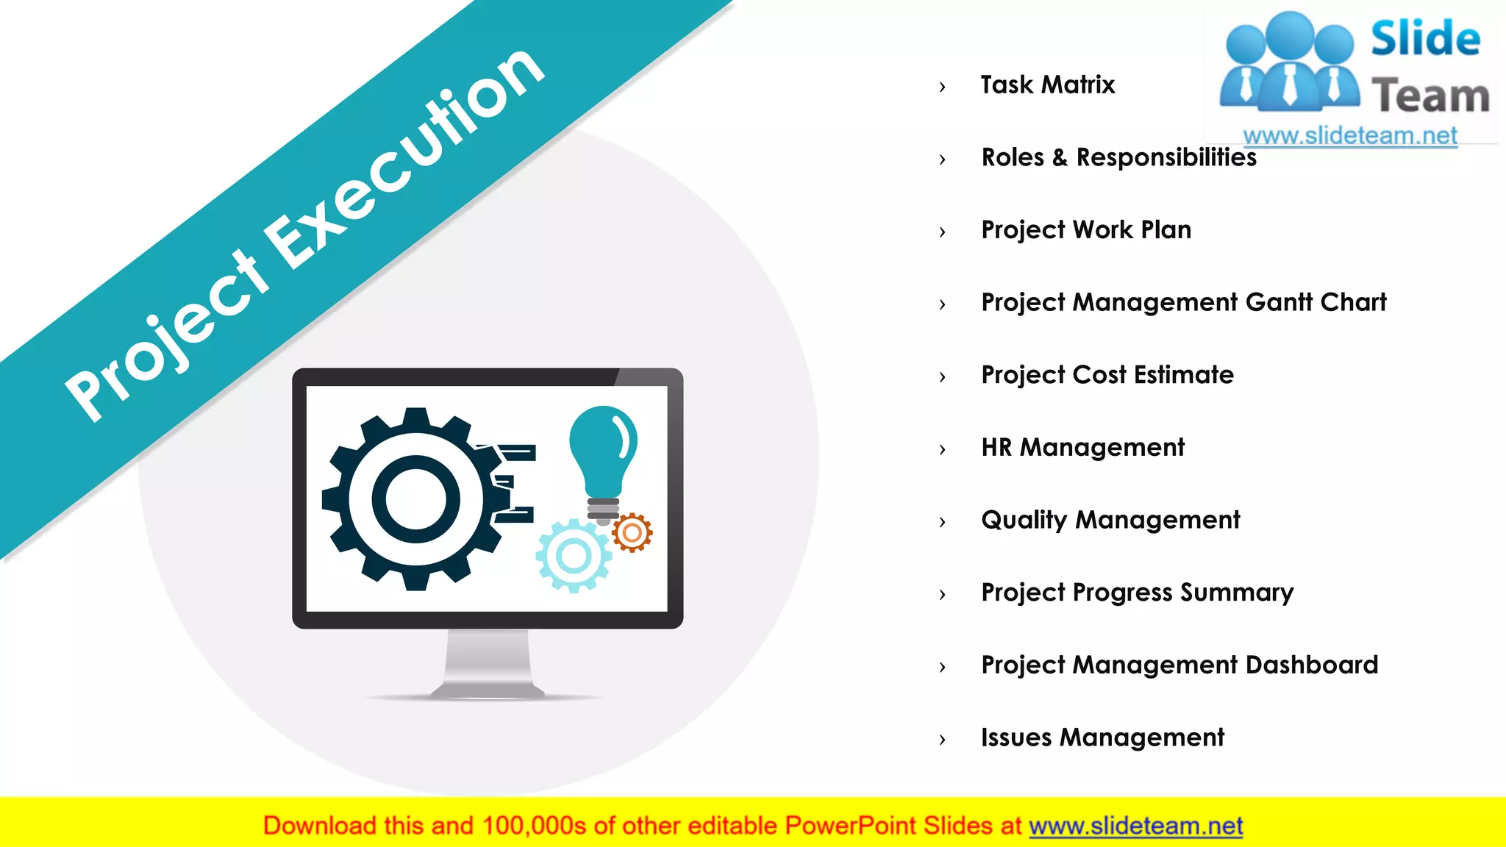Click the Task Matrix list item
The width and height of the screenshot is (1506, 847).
[x=1047, y=85]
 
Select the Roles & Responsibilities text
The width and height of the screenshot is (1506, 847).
[x=1118, y=157]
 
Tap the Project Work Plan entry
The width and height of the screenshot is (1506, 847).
[x=1086, y=230]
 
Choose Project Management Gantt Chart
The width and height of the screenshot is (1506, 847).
[x=1184, y=302]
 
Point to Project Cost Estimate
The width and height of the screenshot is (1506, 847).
[x=1107, y=375]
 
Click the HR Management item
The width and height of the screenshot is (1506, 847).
[x=1082, y=448]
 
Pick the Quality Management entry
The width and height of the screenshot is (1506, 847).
[x=1110, y=520]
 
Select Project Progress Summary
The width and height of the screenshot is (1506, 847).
[x=1137, y=593]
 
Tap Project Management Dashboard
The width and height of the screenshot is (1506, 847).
[x=1180, y=665]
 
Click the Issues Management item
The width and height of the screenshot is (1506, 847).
[x=1102, y=737]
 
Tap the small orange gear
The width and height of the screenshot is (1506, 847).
[x=632, y=533]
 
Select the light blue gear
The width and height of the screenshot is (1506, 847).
[x=574, y=557]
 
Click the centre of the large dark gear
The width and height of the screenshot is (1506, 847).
[x=415, y=499]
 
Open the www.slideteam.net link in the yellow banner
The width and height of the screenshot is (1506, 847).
[x=1135, y=826]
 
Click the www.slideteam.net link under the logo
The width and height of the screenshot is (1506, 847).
[x=1349, y=136]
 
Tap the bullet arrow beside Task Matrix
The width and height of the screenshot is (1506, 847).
[x=943, y=87]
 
